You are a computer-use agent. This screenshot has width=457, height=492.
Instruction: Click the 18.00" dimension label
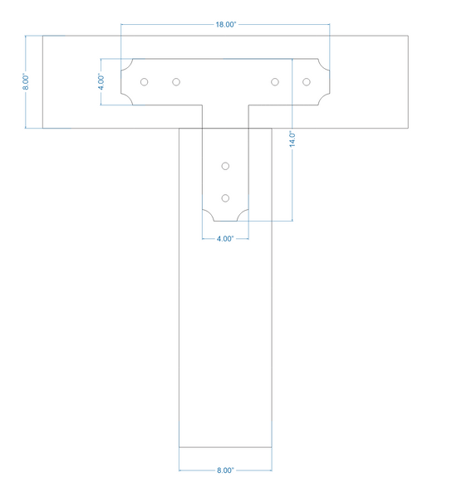tap(225, 24)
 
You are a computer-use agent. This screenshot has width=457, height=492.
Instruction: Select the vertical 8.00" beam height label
tap(26, 82)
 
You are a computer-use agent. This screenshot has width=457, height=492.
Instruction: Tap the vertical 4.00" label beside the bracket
tap(101, 82)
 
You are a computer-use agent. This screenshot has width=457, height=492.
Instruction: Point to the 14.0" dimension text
tap(292, 139)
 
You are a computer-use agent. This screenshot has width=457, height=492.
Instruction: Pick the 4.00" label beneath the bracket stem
tap(225, 239)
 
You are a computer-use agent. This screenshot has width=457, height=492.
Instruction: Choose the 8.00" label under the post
tap(225, 470)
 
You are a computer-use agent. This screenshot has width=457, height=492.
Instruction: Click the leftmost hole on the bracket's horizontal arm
tap(145, 82)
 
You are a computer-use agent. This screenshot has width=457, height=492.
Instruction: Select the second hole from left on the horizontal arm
tap(176, 82)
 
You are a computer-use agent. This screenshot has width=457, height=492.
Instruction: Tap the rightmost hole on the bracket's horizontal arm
tap(307, 82)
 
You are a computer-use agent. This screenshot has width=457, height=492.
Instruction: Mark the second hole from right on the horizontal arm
tap(275, 82)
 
